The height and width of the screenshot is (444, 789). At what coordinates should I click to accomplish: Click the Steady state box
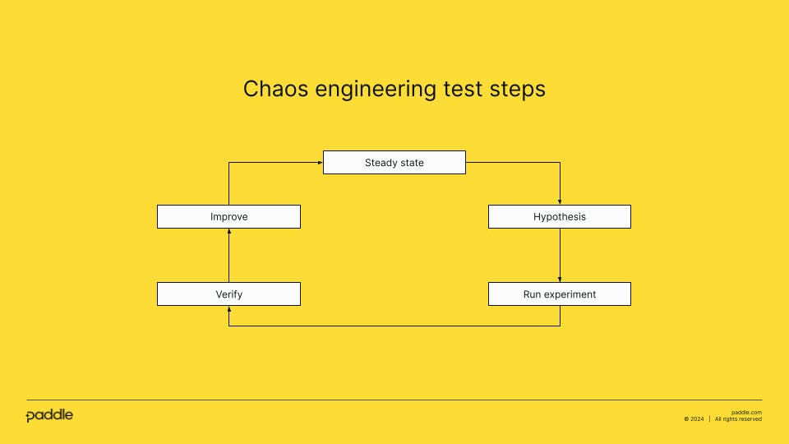pyautogui.click(x=394, y=163)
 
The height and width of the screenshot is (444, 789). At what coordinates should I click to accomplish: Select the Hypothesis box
pyautogui.click(x=560, y=217)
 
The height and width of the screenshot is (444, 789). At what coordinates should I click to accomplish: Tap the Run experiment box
pyautogui.click(x=560, y=294)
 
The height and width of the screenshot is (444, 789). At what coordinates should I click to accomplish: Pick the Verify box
pyautogui.click(x=228, y=294)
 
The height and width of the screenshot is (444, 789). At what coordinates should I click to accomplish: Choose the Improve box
pyautogui.click(x=228, y=217)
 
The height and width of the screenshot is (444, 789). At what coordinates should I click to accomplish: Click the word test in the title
pyautogui.click(x=463, y=89)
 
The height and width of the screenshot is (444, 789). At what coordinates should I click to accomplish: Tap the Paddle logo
pyautogui.click(x=49, y=415)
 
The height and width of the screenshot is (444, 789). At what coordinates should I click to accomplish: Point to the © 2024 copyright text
pyautogui.click(x=694, y=419)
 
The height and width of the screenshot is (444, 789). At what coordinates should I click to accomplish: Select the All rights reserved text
pyautogui.click(x=738, y=419)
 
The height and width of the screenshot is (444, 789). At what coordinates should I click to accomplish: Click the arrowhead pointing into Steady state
pyautogui.click(x=319, y=163)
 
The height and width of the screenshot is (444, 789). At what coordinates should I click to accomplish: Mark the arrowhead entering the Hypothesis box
pyautogui.click(x=560, y=201)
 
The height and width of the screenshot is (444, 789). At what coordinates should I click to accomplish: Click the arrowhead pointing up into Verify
pyautogui.click(x=228, y=309)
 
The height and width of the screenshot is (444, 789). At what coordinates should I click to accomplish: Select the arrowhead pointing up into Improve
pyautogui.click(x=228, y=232)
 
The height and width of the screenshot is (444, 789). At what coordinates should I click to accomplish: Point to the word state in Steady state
pyautogui.click(x=411, y=163)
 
